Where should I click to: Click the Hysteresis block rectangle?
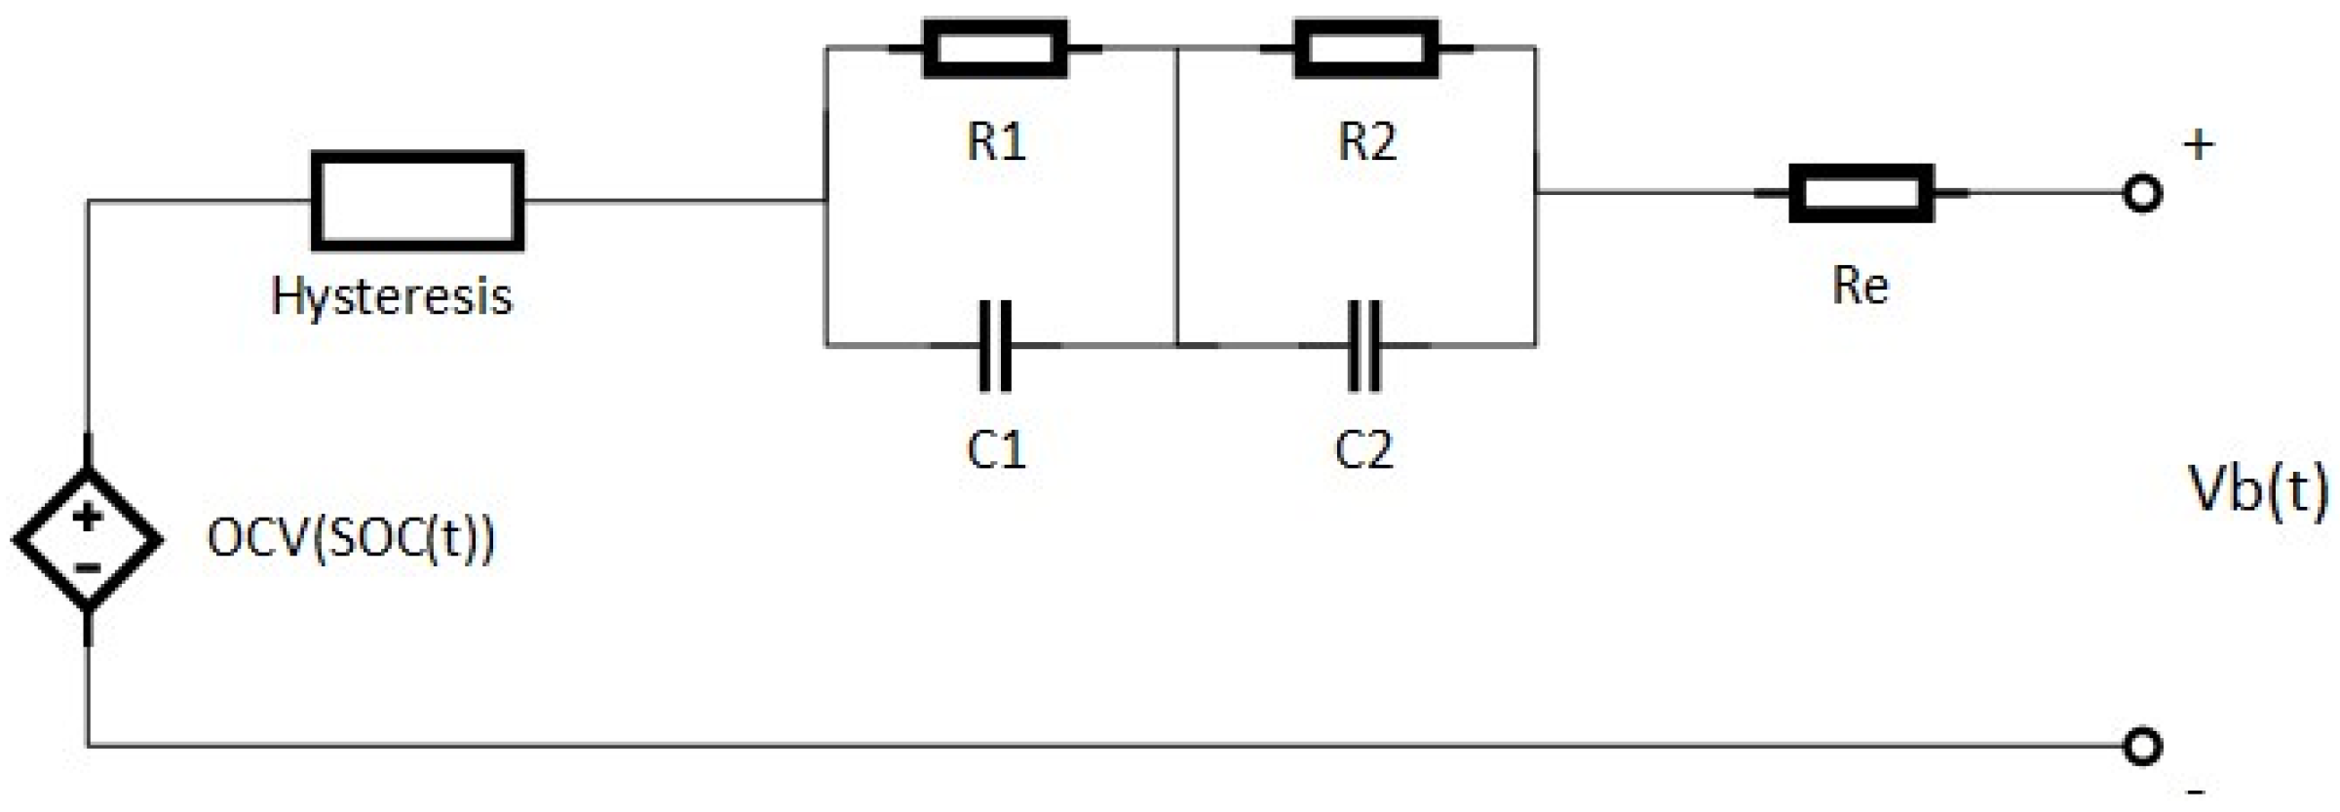(x=417, y=201)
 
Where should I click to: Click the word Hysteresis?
(x=392, y=295)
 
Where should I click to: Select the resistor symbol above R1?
(x=994, y=48)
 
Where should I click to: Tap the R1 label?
(x=996, y=142)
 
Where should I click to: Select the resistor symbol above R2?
(x=1365, y=48)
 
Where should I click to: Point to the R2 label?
(x=1366, y=142)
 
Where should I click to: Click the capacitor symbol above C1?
(x=994, y=345)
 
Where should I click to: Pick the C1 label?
(x=996, y=450)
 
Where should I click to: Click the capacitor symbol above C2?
(x=1363, y=345)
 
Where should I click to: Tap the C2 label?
(x=1363, y=450)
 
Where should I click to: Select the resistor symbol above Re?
(x=1860, y=193)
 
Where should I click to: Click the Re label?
(x=1860, y=287)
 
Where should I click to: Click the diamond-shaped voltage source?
(x=88, y=539)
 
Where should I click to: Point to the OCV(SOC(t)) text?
(x=351, y=538)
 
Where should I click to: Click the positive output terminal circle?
(x=2142, y=193)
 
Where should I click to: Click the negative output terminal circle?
(x=2142, y=747)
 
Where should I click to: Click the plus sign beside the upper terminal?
(x=2199, y=146)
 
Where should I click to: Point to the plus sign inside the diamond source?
(x=88, y=517)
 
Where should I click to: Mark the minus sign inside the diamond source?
(x=88, y=567)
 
